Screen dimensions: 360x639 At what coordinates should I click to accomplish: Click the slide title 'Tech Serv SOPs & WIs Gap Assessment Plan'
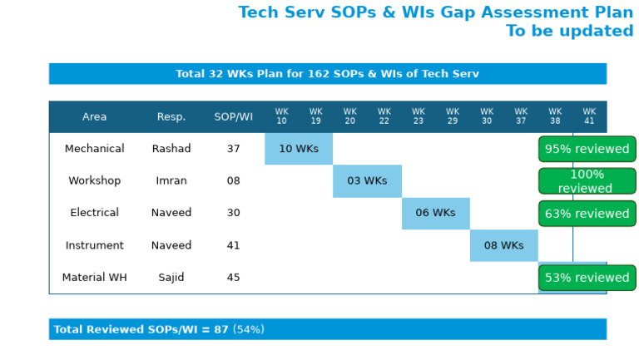(435, 13)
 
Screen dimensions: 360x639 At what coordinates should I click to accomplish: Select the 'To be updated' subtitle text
(569, 32)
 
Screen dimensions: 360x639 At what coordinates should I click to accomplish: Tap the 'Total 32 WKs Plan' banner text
(327, 74)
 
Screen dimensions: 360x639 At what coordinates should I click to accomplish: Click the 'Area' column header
(94, 117)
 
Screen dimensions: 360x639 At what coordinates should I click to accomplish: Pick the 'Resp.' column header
(171, 117)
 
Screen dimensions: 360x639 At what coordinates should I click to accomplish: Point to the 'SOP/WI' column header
(233, 117)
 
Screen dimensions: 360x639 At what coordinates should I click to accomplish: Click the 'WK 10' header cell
(282, 116)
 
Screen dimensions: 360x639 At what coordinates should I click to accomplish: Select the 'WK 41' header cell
(589, 116)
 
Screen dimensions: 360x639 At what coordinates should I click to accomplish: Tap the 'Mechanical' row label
(94, 149)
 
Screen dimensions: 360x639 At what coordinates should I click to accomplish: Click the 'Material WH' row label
(94, 278)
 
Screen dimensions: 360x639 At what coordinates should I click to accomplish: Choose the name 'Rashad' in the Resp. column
(171, 149)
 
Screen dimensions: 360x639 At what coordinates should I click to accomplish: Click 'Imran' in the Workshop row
(171, 181)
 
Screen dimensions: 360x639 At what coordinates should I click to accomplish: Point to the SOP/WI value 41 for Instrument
(233, 246)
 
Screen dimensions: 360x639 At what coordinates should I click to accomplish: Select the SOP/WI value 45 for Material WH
(233, 278)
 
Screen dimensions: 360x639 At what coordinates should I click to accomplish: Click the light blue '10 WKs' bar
(299, 149)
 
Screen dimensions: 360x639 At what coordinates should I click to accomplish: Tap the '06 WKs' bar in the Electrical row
(435, 214)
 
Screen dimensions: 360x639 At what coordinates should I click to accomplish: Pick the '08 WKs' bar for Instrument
(503, 246)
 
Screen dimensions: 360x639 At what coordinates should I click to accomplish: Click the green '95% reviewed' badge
(587, 150)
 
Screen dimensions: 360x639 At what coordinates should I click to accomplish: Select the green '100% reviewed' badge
(587, 181)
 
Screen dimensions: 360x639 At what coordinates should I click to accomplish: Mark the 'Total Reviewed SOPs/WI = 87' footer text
(141, 330)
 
